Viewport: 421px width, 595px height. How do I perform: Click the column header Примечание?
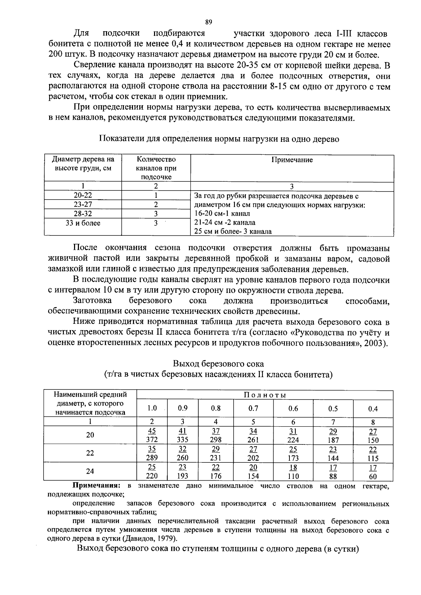(292, 160)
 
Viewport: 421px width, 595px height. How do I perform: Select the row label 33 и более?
(83, 223)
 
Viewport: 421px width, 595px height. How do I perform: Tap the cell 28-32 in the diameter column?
(83, 214)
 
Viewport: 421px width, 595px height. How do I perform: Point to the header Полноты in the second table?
(265, 395)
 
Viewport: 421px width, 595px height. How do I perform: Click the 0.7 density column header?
(253, 408)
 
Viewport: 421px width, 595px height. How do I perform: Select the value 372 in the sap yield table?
(152, 440)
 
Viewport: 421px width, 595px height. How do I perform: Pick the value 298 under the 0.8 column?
(216, 440)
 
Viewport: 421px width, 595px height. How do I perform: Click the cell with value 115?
(373, 458)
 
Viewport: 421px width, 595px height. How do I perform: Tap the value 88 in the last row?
(333, 476)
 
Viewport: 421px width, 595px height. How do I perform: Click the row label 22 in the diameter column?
(90, 453)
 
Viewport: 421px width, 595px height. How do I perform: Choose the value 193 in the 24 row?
(182, 476)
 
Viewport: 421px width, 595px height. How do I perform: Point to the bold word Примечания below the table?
(96, 486)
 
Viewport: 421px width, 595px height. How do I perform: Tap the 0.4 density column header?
(373, 409)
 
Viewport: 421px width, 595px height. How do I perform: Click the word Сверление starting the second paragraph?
(91, 66)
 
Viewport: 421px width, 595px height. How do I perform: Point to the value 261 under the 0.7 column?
(253, 440)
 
